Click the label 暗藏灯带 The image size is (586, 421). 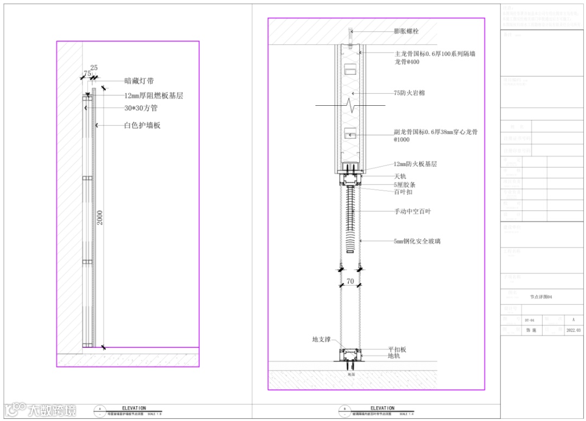pos(139,81)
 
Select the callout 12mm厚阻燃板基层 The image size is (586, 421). pos(154,95)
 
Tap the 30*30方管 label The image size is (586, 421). pos(141,108)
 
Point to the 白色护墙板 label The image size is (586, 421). pos(142,125)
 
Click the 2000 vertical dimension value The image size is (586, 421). pos(100,217)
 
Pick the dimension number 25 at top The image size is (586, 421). pos(94,68)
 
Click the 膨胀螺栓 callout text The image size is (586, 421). pos(406,31)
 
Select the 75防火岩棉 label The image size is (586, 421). pos(409,93)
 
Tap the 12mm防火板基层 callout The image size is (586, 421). pos(415,164)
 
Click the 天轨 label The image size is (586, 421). pos(400,176)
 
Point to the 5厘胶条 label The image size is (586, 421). pos(405,184)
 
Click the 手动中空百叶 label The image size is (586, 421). pos(412,211)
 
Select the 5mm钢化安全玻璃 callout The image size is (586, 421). pos(417,241)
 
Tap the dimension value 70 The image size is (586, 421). pos(350,281)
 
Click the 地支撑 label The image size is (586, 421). pos(321,340)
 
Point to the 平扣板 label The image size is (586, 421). pos(397,349)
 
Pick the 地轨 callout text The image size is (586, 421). pos(394,356)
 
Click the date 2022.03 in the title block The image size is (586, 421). pos(573,330)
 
